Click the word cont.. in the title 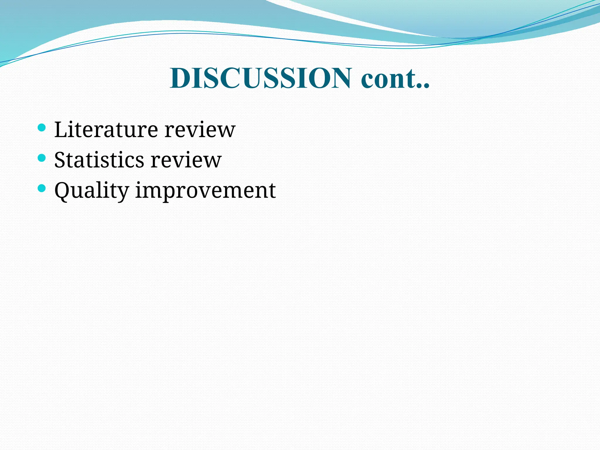[395, 79]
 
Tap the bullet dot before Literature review [42, 127]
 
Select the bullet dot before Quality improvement [42, 188]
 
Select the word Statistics [99, 160]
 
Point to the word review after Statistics [186, 160]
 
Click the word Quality [91, 191]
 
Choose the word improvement [205, 191]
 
